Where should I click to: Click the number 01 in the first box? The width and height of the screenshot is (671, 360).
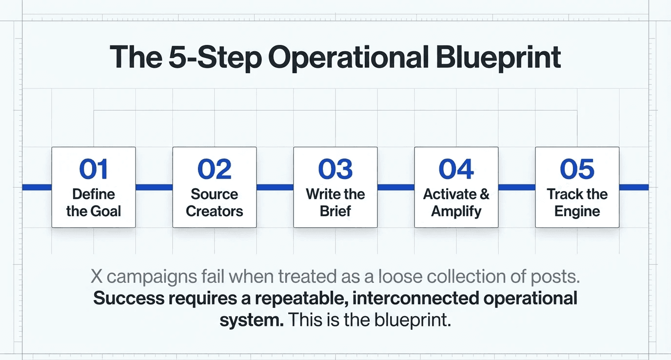(93, 169)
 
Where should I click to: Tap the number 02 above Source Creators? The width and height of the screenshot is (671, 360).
(214, 169)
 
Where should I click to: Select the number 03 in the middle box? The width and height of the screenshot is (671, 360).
(335, 169)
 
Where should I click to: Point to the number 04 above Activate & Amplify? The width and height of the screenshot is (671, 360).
(456, 169)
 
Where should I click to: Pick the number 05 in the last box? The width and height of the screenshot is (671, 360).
(577, 169)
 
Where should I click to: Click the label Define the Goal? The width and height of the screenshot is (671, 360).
(94, 203)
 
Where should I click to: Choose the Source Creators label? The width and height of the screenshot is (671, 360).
(215, 203)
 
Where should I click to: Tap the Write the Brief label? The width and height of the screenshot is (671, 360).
(335, 203)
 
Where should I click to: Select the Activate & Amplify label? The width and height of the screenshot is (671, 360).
(456, 203)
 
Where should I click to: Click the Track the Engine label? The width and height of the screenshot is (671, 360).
(577, 203)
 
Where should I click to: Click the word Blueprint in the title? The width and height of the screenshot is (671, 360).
(498, 58)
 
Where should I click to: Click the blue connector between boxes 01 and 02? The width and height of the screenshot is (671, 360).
(154, 187)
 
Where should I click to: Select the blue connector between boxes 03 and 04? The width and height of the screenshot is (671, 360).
(396, 187)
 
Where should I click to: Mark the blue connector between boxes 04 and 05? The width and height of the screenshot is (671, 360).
(517, 187)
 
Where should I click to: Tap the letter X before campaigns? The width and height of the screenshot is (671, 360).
(97, 277)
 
